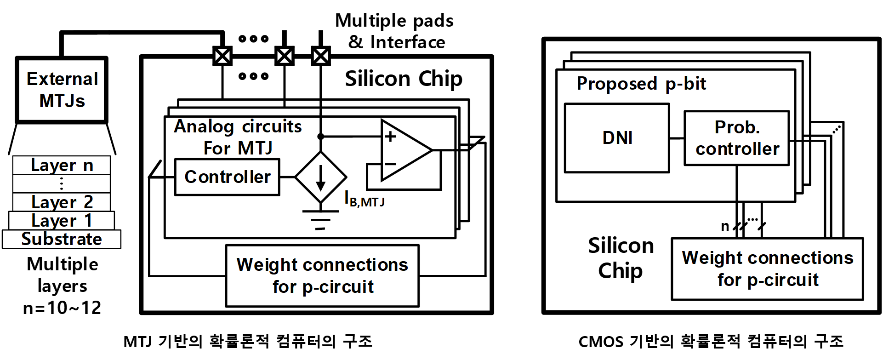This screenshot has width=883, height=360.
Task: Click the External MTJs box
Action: (x=62, y=90)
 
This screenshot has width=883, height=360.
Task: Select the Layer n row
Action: (x=62, y=165)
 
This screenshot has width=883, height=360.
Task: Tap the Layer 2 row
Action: (x=62, y=202)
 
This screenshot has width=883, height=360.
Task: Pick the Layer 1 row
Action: (x=62, y=221)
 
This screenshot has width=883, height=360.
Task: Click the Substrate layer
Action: (x=62, y=239)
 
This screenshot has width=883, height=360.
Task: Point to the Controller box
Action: (x=227, y=177)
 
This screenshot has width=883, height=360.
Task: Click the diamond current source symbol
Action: (x=320, y=177)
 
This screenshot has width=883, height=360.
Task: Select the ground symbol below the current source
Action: (x=320, y=219)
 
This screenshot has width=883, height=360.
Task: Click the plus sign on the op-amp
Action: (x=390, y=137)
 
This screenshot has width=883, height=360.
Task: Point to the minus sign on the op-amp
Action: (x=390, y=164)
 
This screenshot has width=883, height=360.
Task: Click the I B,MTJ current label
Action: (x=365, y=199)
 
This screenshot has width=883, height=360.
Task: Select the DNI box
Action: (x=617, y=138)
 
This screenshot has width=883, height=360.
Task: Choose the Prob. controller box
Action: (x=737, y=138)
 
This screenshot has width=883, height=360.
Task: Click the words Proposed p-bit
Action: (x=641, y=84)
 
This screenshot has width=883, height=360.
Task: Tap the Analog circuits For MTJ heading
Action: (x=238, y=137)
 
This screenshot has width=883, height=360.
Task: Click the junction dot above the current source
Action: (x=320, y=137)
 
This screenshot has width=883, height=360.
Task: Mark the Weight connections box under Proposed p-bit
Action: (x=767, y=269)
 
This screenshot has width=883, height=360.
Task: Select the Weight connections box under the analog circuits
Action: (x=322, y=275)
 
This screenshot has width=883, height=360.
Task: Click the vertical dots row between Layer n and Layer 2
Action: (x=62, y=184)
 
